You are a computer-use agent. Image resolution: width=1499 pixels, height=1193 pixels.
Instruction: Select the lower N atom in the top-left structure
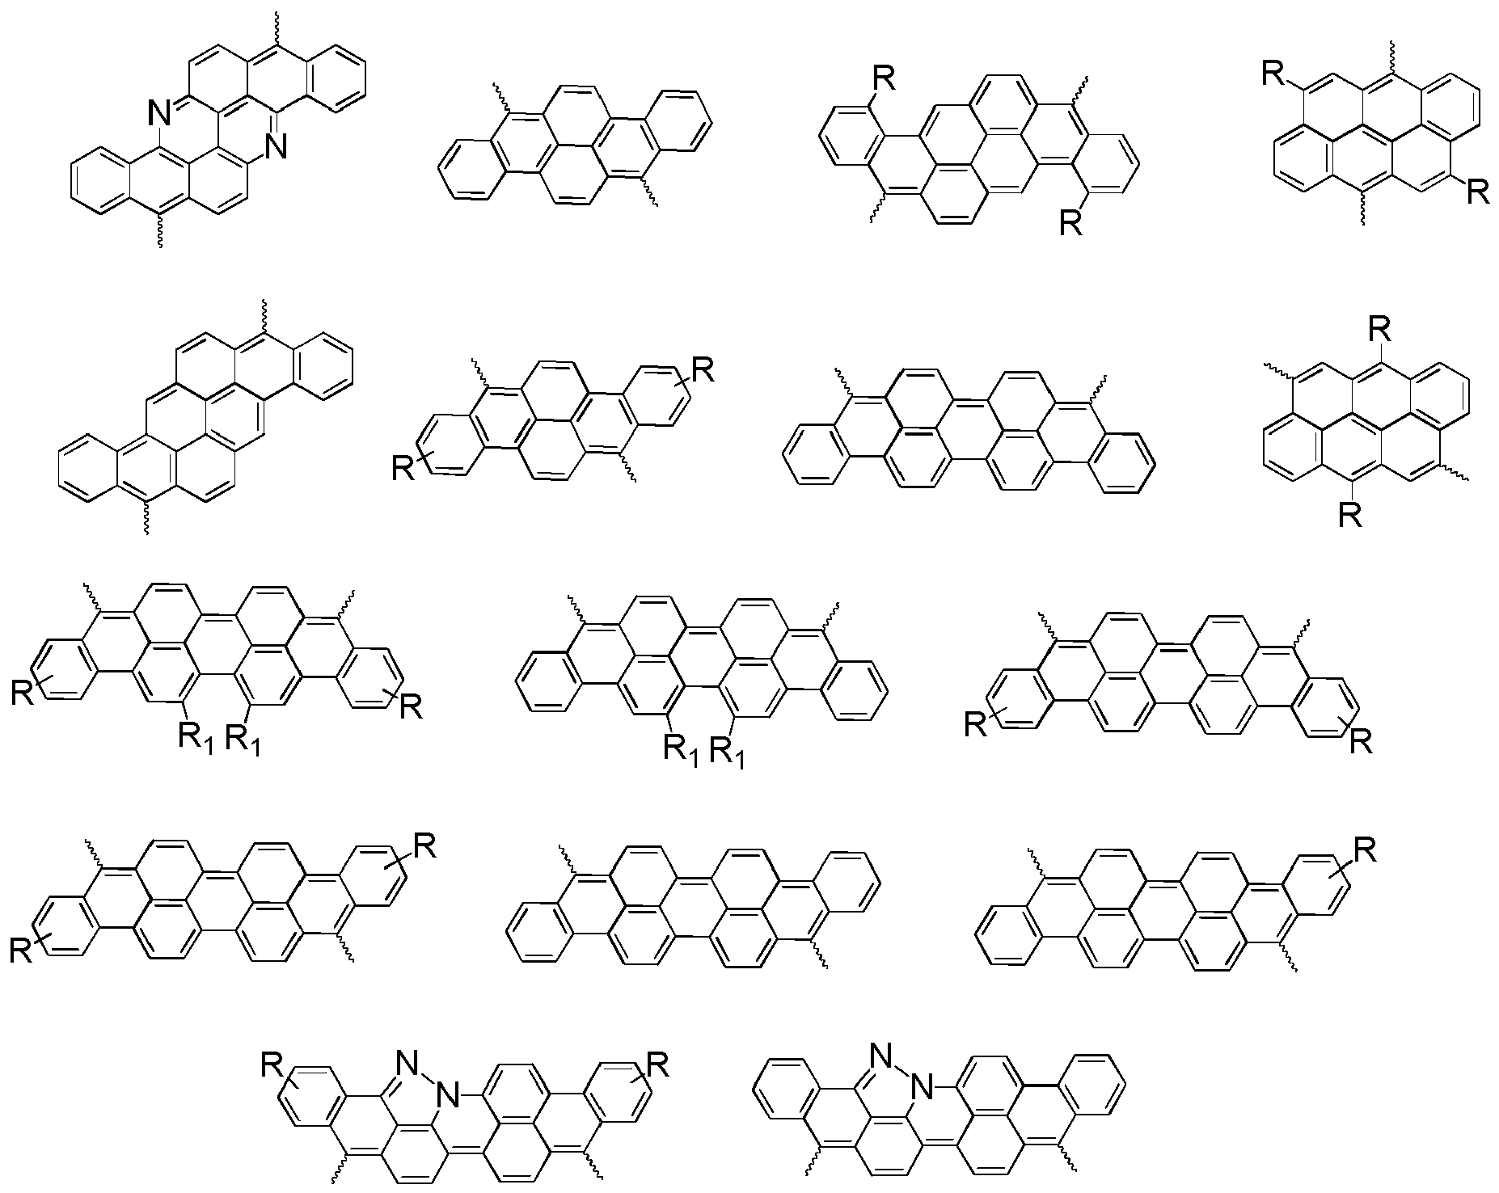[x=277, y=146]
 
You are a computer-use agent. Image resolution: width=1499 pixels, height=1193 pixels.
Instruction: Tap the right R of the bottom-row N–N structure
[x=659, y=1064]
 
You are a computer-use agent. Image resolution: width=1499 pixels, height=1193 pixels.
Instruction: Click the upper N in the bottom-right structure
[x=880, y=1055]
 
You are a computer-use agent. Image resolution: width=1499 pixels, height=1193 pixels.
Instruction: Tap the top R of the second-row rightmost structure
[x=1379, y=329]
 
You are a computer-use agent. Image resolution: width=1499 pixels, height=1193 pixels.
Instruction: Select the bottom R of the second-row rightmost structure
[x=1349, y=514]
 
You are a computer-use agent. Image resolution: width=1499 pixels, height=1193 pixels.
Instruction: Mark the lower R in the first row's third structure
[x=1071, y=222]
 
